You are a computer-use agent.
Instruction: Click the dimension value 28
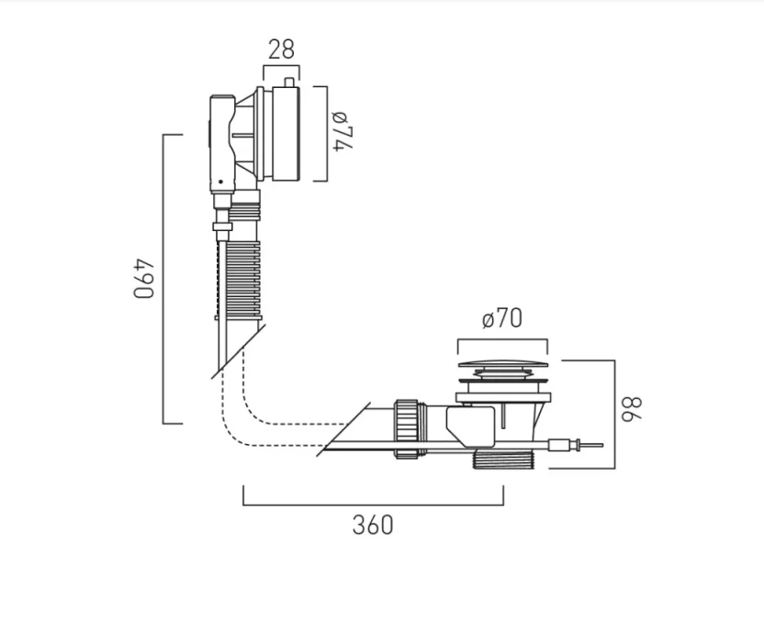tap(282, 50)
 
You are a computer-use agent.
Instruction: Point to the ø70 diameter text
tap(501, 318)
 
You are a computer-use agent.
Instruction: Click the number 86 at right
tap(634, 408)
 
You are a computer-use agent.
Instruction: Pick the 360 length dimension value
tap(373, 525)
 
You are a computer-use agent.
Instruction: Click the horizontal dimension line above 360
tap(373, 504)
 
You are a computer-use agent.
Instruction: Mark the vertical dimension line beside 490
tap(164, 279)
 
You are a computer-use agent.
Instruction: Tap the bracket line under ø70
tap(501, 341)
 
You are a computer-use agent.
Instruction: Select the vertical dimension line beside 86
tap(613, 413)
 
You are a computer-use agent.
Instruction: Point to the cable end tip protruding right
tap(592, 447)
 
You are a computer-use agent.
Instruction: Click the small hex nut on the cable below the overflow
tap(220, 226)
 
